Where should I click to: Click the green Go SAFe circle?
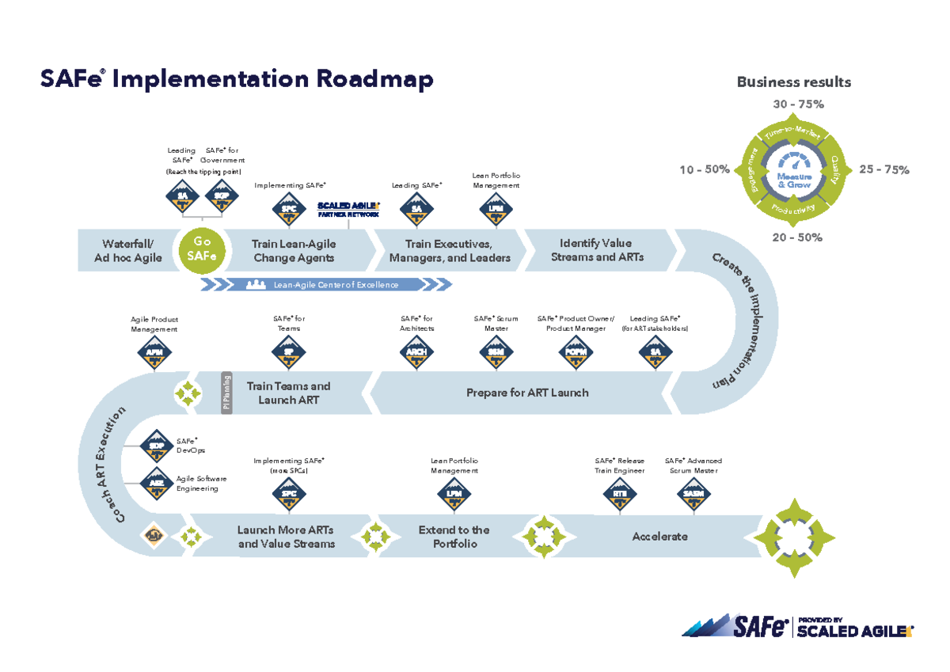point(203,249)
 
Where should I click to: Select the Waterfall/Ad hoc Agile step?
point(128,250)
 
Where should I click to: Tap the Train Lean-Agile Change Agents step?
point(294,250)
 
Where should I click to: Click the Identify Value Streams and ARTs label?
point(597,249)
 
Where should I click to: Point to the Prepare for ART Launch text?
point(527,393)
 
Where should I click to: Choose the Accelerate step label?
point(659,537)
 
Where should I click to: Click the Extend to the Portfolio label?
point(454,537)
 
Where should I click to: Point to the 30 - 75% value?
point(797,104)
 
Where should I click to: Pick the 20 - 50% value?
point(797,237)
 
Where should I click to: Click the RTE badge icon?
point(620,495)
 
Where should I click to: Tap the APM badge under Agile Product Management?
point(154,351)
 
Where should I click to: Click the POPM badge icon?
point(576,351)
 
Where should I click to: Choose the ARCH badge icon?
point(416,351)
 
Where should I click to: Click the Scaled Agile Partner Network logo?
point(348,208)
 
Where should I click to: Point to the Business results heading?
point(794,82)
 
